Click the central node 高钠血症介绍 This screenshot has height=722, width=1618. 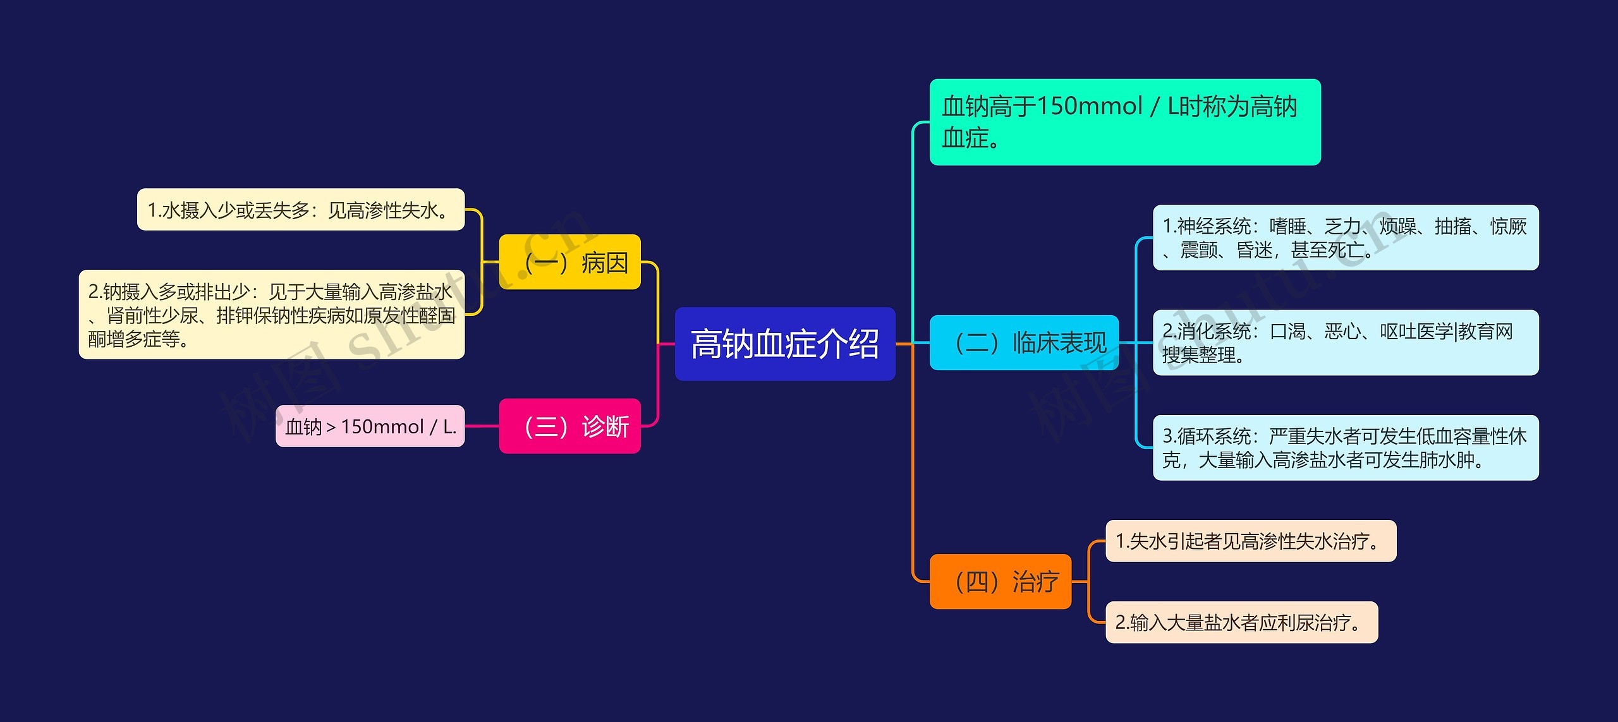[785, 344]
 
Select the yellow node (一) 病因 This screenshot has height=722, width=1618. [569, 262]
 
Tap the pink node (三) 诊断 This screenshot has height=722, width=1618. [569, 426]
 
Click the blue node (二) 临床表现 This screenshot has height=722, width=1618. [1024, 343]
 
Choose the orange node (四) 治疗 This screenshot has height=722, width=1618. [1001, 582]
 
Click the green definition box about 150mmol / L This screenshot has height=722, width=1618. [1125, 122]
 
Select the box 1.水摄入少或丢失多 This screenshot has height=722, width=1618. [301, 210]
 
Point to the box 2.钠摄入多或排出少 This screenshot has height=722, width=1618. [272, 315]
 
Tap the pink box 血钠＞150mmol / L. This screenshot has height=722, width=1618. [370, 426]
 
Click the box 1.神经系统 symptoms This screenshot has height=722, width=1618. [1346, 238]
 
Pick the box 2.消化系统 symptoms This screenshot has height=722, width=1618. [1346, 343]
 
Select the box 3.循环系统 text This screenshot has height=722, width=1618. [1346, 448]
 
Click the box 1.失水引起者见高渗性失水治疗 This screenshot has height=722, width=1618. [1250, 541]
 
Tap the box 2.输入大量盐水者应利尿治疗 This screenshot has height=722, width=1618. [1241, 622]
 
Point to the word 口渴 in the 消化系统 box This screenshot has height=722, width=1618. [1287, 331]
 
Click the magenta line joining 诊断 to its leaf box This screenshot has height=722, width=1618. [482, 426]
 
